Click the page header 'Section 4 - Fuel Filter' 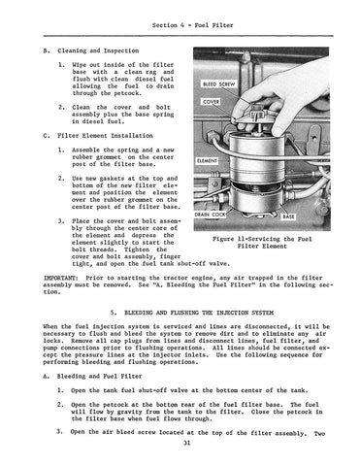point(192,25)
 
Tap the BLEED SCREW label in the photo point(218,84)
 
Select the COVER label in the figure point(212,102)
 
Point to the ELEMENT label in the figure point(207,161)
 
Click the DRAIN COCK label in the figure point(210,215)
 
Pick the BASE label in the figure point(288,216)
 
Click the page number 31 point(186,443)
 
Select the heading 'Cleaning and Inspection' point(98,50)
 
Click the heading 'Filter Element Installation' point(105,136)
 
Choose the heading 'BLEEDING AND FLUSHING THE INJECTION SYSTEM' point(199,313)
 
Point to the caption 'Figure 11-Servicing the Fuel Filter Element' point(262,243)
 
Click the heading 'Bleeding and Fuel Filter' point(99,377)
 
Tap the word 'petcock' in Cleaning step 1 point(127,93)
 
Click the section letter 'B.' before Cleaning point(47,50)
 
